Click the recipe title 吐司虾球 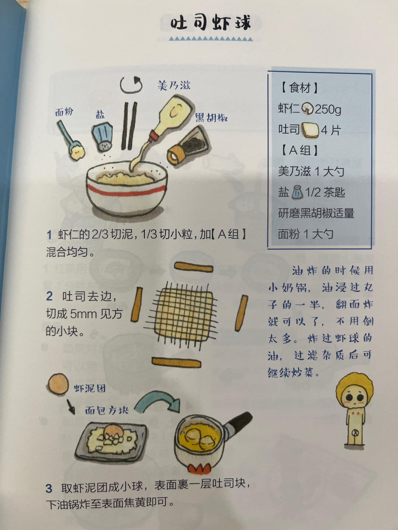coord(210,23)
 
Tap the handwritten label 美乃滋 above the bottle coord(174,85)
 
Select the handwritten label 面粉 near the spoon coord(64,112)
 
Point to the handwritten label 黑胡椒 coord(211,118)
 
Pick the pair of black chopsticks coord(129,126)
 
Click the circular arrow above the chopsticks coord(131,85)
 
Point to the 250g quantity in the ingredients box coord(328,109)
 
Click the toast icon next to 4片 coord(310,130)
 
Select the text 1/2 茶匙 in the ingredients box coord(325,192)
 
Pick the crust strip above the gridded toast coord(193,266)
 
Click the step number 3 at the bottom coord(49,488)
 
